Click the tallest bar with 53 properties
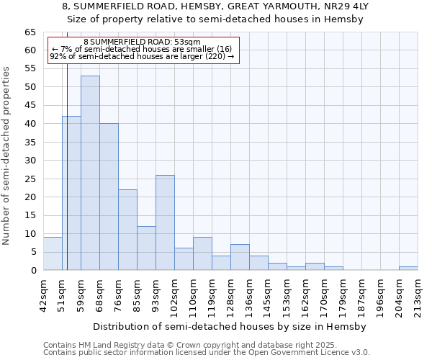[90, 173]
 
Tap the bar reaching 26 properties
[165, 222]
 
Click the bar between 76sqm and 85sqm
[127, 230]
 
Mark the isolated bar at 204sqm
[408, 269]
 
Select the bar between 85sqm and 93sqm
[146, 248]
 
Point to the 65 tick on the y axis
[30, 32]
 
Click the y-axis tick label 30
[30, 161]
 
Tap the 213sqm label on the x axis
[422, 294]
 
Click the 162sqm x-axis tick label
[310, 294]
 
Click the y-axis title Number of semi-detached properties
[7, 156]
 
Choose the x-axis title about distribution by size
[230, 327]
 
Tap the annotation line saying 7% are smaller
[142, 49]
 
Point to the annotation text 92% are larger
[142, 56]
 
